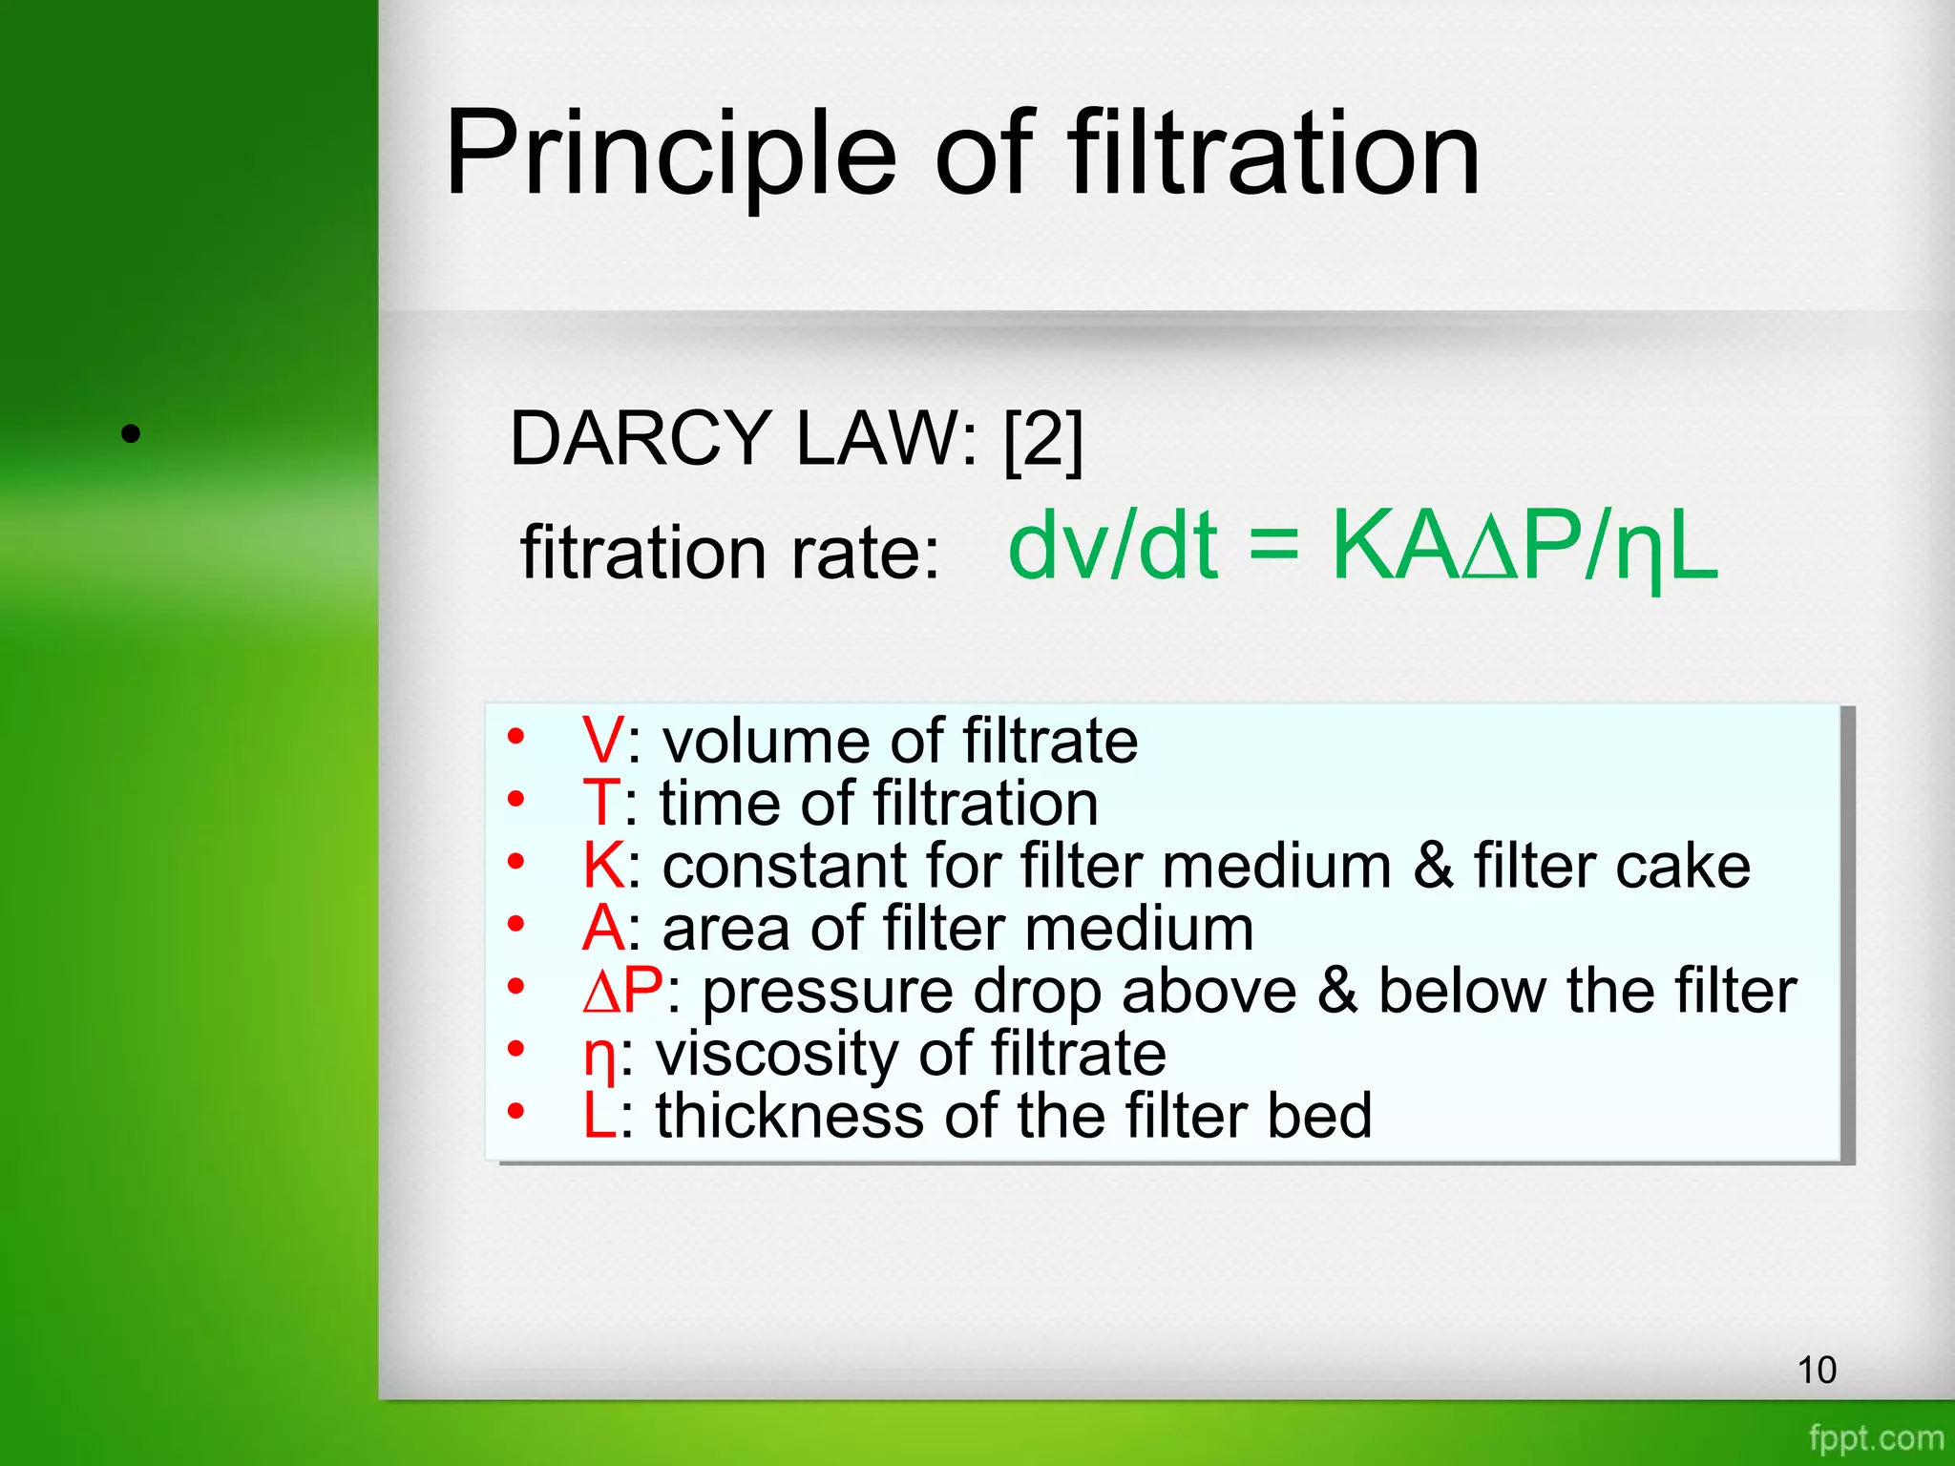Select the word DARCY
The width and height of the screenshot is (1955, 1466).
click(x=641, y=438)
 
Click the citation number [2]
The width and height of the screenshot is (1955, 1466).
click(x=1043, y=439)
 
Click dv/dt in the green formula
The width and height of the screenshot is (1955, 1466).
click(x=1112, y=545)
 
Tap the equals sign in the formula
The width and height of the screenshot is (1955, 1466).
click(x=1273, y=549)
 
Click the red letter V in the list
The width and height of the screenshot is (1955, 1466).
click(x=602, y=741)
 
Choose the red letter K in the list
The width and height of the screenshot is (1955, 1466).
click(x=603, y=866)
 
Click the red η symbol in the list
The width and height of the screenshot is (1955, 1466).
click(x=599, y=1058)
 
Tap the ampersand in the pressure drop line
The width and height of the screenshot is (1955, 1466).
click(x=1337, y=991)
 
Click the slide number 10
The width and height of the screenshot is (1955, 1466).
click(x=1816, y=1370)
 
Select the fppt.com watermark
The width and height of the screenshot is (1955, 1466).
click(x=1875, y=1437)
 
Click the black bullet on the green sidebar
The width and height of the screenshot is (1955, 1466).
click(x=132, y=434)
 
